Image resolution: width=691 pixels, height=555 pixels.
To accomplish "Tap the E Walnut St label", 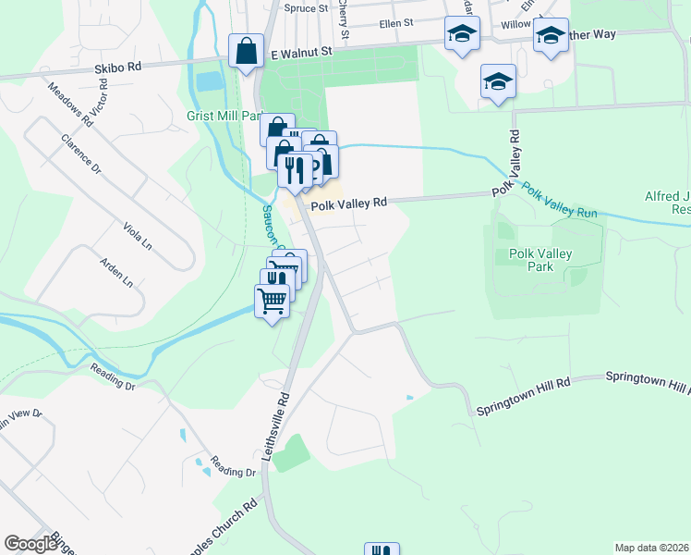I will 300,55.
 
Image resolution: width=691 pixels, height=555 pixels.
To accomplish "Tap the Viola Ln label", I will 138,236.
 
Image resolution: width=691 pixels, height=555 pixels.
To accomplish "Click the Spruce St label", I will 306,8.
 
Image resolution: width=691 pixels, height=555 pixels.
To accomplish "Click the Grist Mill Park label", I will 224,117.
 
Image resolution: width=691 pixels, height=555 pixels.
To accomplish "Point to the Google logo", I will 30,544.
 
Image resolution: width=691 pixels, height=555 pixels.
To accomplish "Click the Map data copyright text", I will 651,548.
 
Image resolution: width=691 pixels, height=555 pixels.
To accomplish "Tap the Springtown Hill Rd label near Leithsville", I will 524,395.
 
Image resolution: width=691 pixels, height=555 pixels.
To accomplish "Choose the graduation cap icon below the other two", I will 498,80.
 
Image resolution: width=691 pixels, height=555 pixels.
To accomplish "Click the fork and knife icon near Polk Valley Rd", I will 294,169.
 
